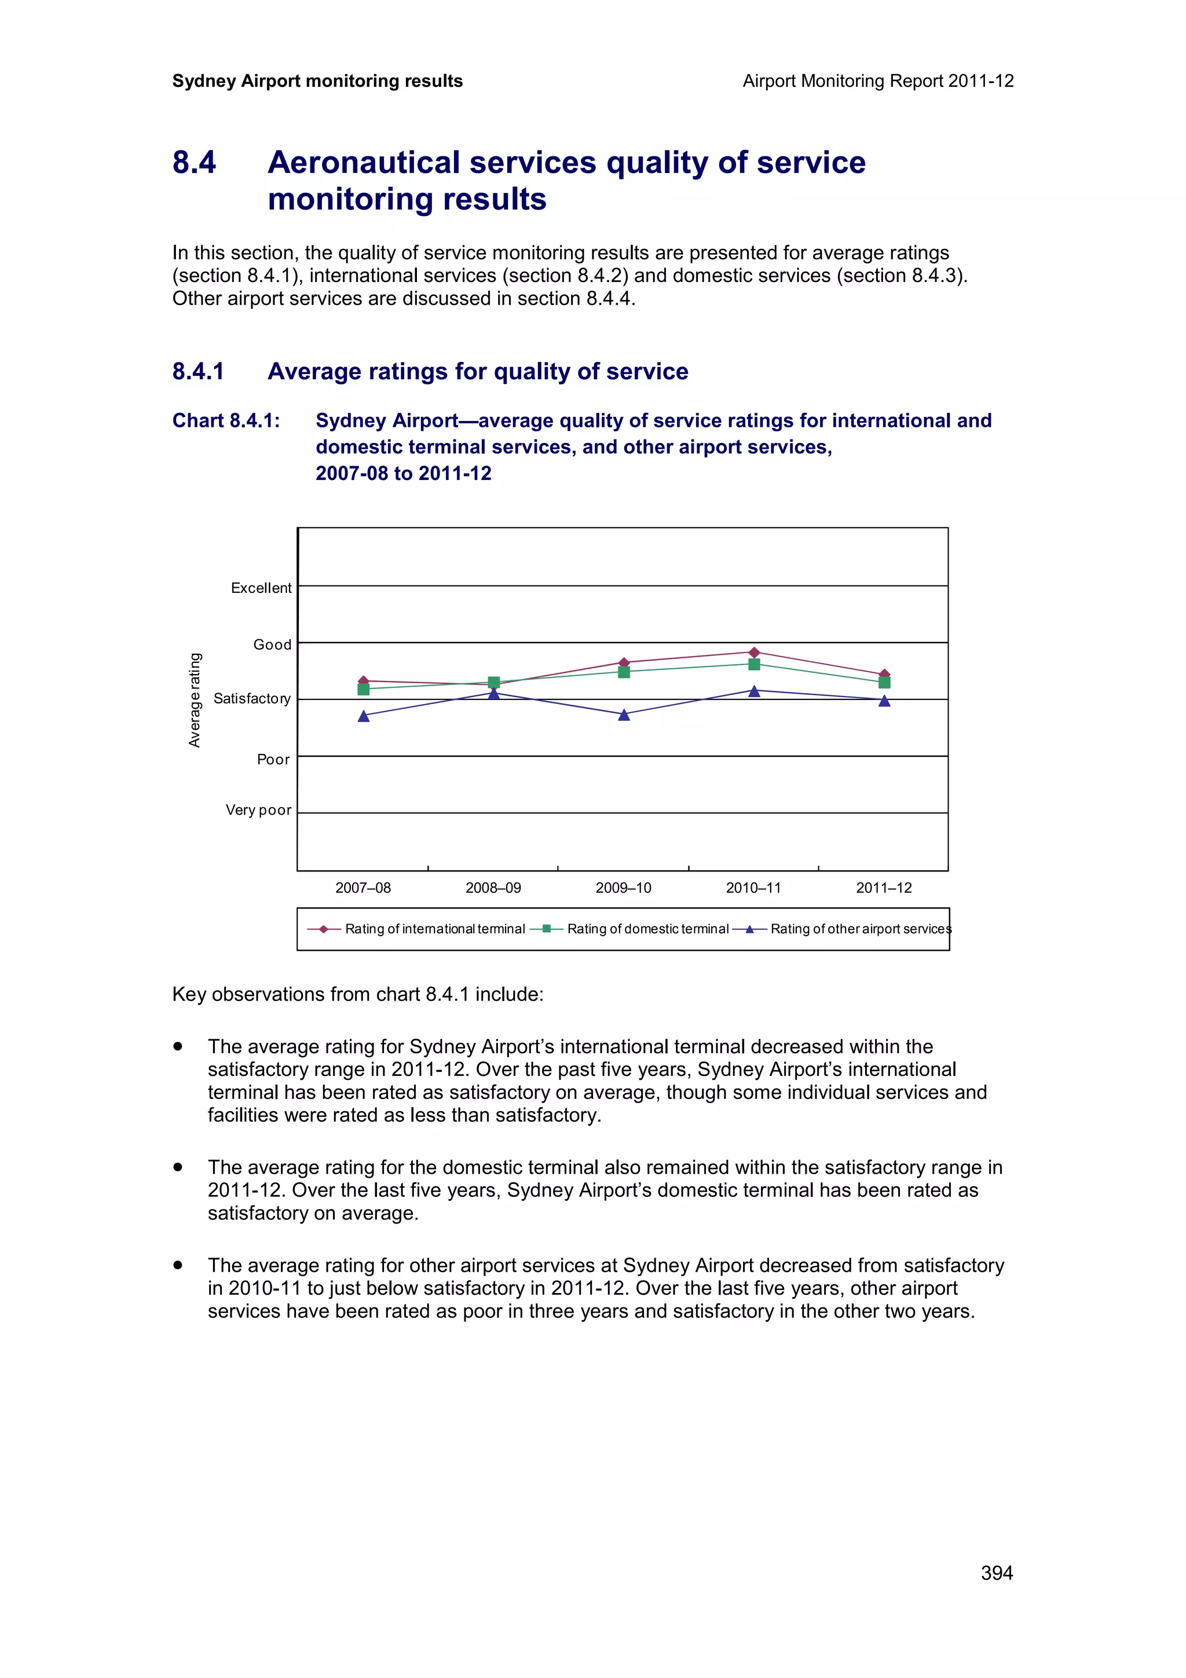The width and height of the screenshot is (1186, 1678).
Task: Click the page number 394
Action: pyautogui.click(x=996, y=1572)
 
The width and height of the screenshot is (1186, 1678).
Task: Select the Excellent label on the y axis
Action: pyautogui.click(x=261, y=588)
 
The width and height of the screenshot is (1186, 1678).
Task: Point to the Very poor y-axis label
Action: pyautogui.click(x=258, y=810)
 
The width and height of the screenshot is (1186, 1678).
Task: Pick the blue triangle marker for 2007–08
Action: pyautogui.click(x=364, y=716)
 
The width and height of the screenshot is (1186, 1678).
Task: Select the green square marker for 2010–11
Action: pyautogui.click(x=754, y=664)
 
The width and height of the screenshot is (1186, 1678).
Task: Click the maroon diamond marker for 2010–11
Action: pyautogui.click(x=754, y=652)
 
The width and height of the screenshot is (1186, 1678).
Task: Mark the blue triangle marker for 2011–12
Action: pyautogui.click(x=884, y=701)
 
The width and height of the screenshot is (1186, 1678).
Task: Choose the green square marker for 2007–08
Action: pyautogui.click(x=364, y=689)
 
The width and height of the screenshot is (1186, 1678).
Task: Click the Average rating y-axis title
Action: pyautogui.click(x=195, y=700)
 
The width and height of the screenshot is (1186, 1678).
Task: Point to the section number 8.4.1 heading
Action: pyautogui.click(x=198, y=371)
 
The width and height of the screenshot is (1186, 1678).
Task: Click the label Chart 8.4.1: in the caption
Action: pyautogui.click(x=226, y=421)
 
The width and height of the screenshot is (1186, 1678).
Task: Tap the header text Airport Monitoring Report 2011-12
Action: pyautogui.click(x=877, y=81)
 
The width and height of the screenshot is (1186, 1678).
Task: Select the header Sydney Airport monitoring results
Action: pyautogui.click(x=317, y=81)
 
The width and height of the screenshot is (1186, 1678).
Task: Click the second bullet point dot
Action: pyautogui.click(x=178, y=1167)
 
